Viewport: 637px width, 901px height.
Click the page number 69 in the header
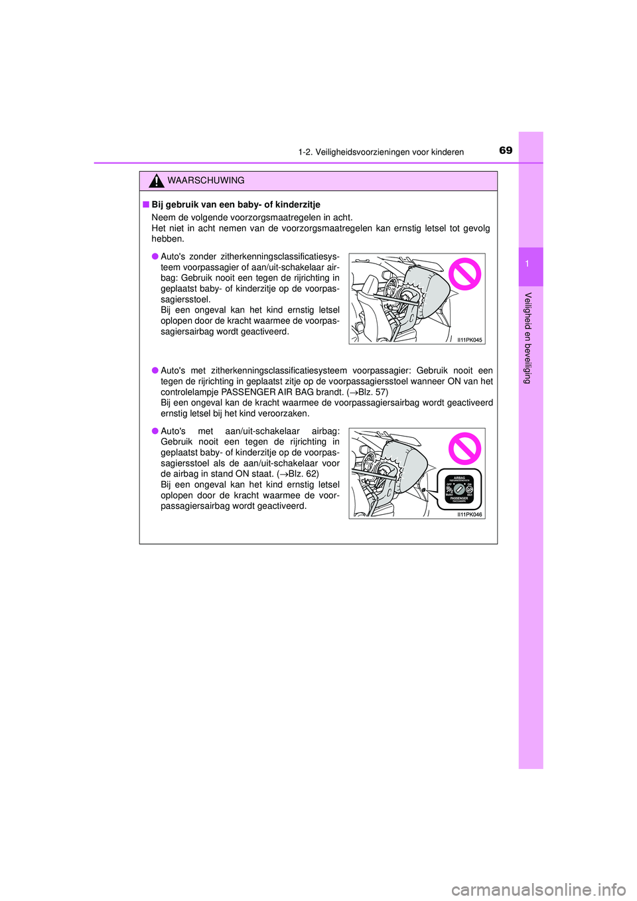506,151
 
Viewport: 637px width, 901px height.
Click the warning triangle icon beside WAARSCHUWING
157,180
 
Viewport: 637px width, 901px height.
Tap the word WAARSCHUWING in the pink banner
206,180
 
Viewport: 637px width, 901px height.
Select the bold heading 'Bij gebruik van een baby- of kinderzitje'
236,204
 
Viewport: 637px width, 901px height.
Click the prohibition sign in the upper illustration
464,273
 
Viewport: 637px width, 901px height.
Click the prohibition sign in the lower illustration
464,449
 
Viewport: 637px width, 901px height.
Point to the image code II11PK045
469,340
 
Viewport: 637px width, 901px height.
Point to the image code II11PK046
469,514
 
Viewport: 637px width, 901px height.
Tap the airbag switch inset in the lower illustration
459,490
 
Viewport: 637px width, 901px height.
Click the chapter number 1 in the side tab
527,265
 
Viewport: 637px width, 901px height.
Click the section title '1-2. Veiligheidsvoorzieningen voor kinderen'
381,152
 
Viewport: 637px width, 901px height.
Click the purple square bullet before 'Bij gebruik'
145,204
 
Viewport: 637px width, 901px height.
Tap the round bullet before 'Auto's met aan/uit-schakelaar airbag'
155,431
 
